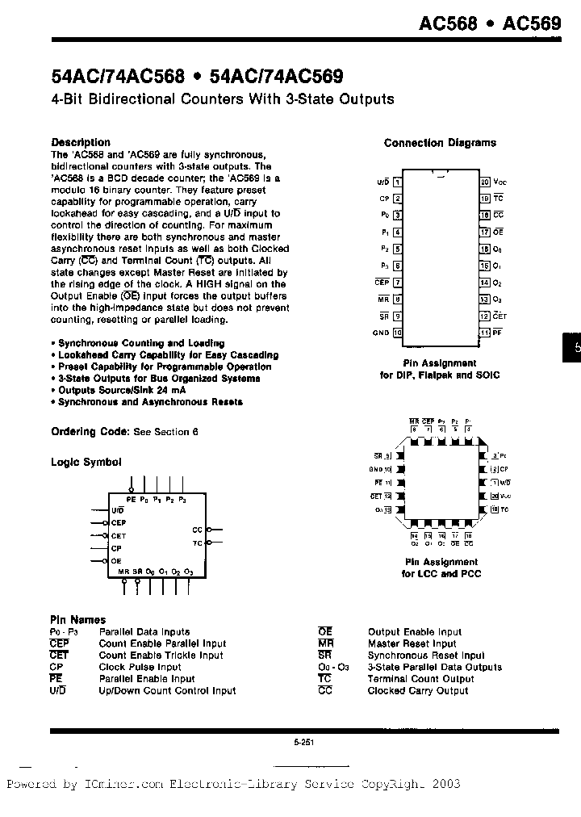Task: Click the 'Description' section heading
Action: pos(81,142)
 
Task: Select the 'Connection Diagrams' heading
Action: pos(440,143)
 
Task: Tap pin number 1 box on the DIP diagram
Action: pos(397,182)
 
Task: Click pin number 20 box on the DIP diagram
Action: pos(484,182)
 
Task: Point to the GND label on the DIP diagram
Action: pos(381,333)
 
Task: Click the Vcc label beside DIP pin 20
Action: pos(500,182)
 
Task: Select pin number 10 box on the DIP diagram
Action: pos(397,333)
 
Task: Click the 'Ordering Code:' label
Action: pos(90,432)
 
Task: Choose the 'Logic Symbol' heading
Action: pos(86,463)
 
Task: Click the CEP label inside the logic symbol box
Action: pos(119,523)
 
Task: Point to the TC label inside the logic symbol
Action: pos(197,543)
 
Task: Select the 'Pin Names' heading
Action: pos(78,620)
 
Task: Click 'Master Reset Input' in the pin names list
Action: pos(412,643)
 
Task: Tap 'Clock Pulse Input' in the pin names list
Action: pos(140,667)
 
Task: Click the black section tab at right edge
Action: pos(571,349)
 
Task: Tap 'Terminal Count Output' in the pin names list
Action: pos(420,679)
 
